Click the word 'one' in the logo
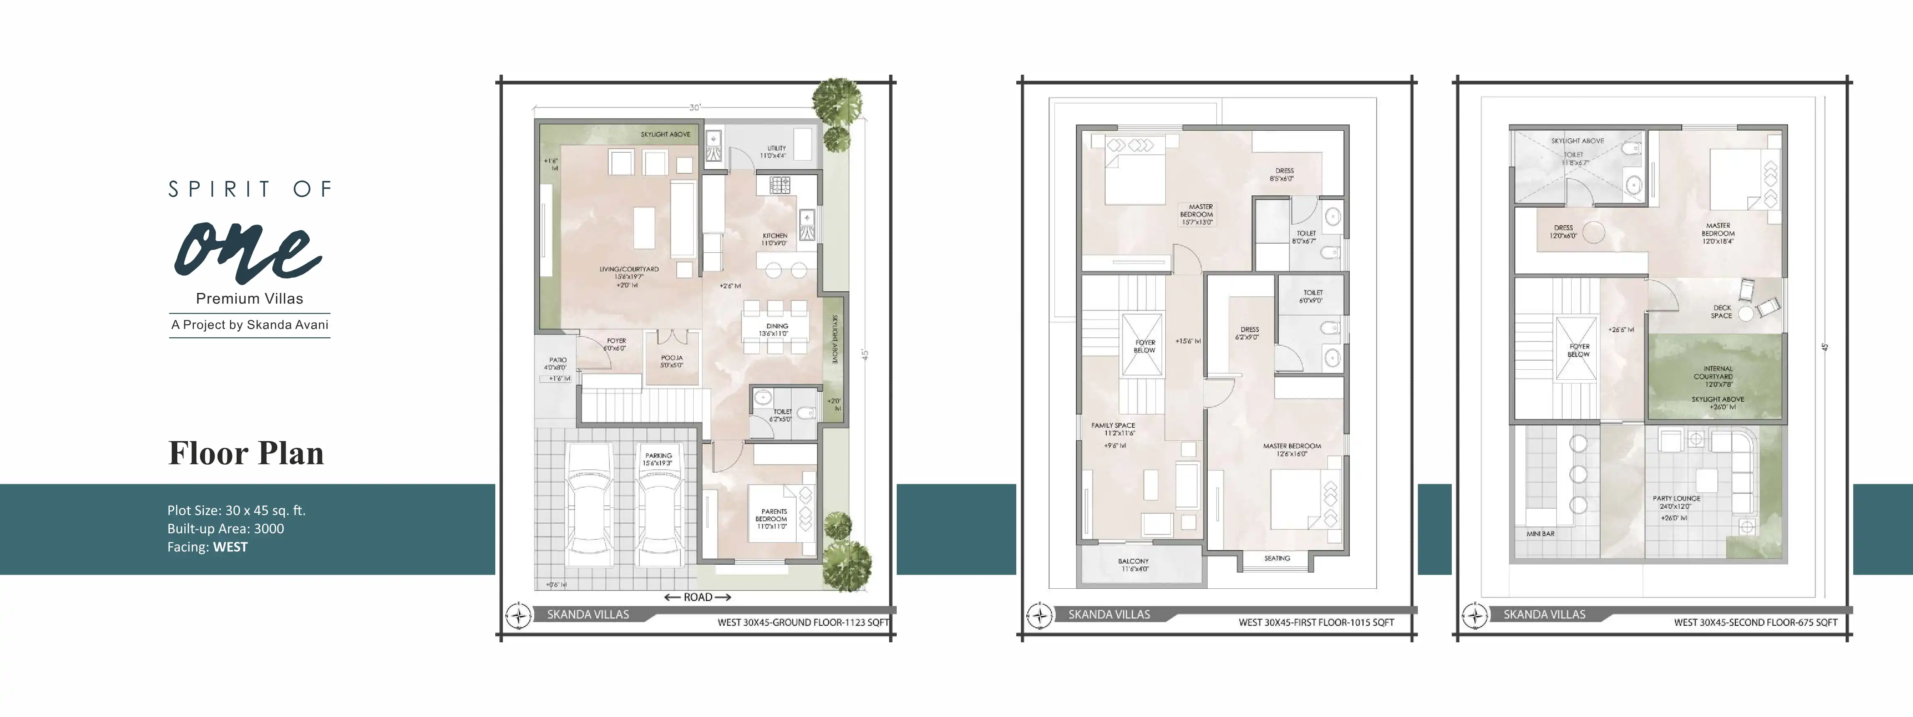pyautogui.click(x=248, y=252)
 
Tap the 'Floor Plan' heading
pyautogui.click(x=246, y=453)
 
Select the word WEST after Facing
pyautogui.click(x=230, y=547)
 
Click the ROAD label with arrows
pyautogui.click(x=697, y=597)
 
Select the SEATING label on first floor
pyautogui.click(x=1277, y=558)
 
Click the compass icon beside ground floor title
pyautogui.click(x=519, y=616)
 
